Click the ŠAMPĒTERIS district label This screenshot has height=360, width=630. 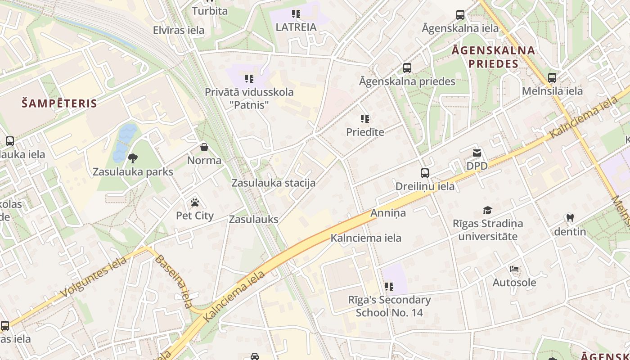[59, 103]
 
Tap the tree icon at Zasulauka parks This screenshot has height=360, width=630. [133, 158]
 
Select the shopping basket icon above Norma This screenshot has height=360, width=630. [204, 147]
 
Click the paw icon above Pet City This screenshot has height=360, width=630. [195, 202]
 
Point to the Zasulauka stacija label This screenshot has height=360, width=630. [273, 183]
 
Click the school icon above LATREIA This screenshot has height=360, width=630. [296, 14]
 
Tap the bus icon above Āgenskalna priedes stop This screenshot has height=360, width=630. [407, 68]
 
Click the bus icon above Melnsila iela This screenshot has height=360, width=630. [552, 77]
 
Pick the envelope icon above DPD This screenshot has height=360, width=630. [477, 153]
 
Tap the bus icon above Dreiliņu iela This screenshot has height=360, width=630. [425, 173]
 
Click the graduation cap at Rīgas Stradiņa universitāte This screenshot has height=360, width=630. [487, 210]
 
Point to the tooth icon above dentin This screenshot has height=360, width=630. [570, 218]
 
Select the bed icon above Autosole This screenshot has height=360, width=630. [514, 269]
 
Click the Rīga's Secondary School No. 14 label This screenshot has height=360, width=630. [389, 306]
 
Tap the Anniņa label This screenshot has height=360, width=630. [388, 213]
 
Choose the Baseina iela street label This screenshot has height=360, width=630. [174, 282]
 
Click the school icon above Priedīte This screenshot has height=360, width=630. [365, 119]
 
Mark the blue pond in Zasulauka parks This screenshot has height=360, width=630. [124, 142]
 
